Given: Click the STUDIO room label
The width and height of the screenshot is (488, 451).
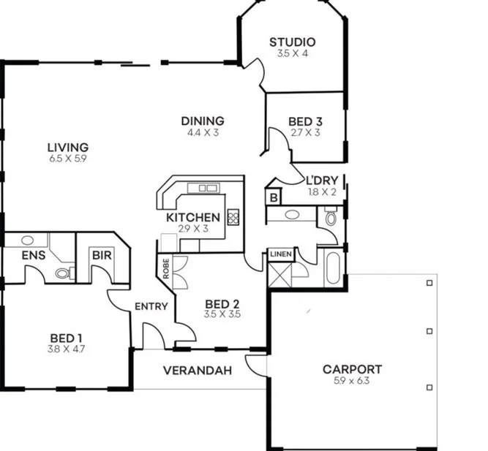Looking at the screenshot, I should click(x=292, y=42).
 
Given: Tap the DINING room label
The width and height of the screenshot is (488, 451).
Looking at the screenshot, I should click(x=203, y=121).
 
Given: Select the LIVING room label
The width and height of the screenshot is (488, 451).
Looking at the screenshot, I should click(x=67, y=147).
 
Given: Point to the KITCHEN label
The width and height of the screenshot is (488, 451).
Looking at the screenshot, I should click(x=192, y=217).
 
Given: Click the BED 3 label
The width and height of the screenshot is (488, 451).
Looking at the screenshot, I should click(x=305, y=121).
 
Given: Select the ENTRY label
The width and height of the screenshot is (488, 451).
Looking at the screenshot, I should click(x=151, y=306).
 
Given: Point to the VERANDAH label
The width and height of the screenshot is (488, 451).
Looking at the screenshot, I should click(x=197, y=371).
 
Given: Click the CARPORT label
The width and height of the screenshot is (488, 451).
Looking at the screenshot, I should click(x=352, y=369).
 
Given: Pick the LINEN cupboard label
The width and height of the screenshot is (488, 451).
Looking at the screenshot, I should click(x=280, y=254).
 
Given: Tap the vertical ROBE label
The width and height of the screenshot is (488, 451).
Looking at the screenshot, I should click(x=166, y=269).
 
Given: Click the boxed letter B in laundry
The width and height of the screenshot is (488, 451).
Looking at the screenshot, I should click(x=273, y=197).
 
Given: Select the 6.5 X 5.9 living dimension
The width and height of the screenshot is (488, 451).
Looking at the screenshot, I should click(x=67, y=158).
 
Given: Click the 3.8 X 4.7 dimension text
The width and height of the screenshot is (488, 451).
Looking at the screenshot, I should click(x=66, y=349).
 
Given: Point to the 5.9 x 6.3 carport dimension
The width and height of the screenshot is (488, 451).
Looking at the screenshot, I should click(x=352, y=380).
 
